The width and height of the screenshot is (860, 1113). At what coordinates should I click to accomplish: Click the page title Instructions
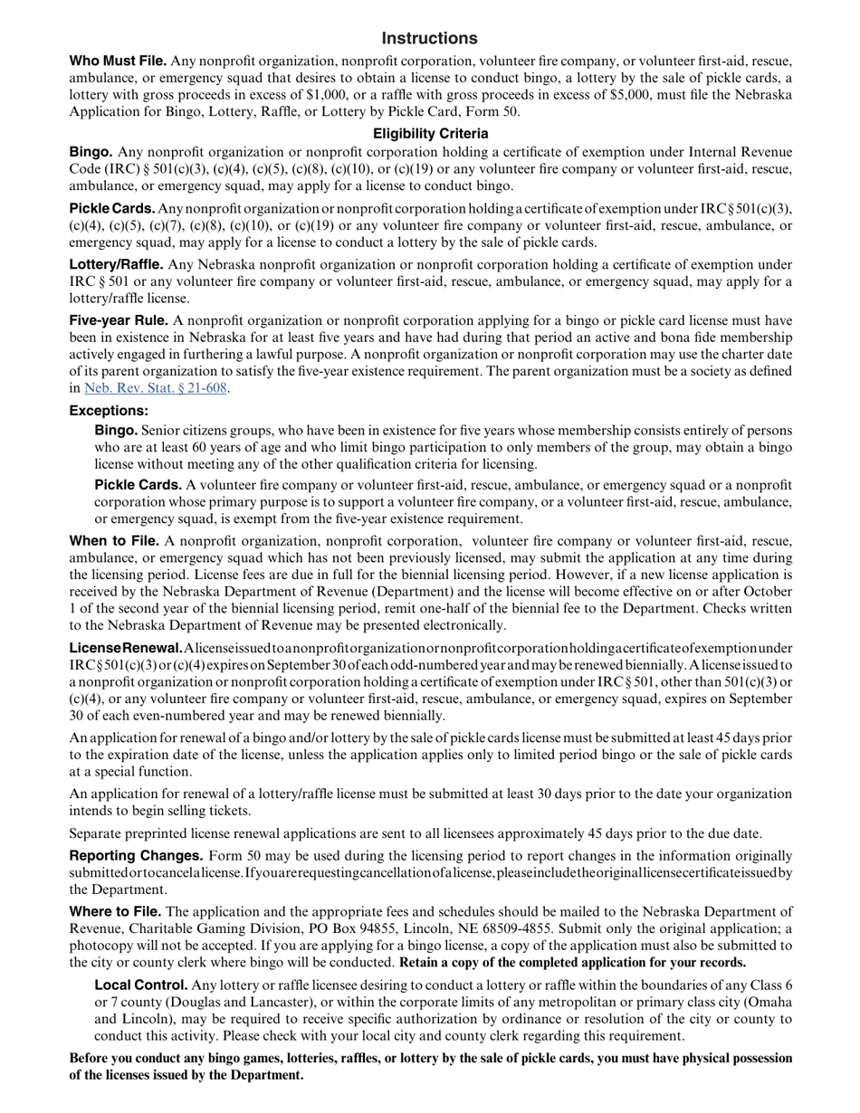[x=429, y=38]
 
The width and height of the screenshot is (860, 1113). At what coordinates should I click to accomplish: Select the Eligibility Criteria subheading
[x=430, y=134]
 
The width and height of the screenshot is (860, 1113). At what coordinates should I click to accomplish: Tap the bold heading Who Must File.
[x=118, y=62]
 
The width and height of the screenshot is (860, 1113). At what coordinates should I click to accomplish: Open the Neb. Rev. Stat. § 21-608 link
[x=155, y=388]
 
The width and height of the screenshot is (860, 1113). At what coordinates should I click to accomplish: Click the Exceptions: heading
[x=109, y=411]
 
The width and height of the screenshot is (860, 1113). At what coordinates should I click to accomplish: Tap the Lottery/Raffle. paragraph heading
[x=116, y=264]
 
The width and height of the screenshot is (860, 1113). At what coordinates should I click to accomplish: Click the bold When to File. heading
[x=114, y=541]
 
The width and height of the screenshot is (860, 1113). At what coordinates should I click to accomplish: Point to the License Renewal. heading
[x=126, y=648]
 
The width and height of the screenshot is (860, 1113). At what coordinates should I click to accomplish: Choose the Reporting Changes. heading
[x=136, y=855]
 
